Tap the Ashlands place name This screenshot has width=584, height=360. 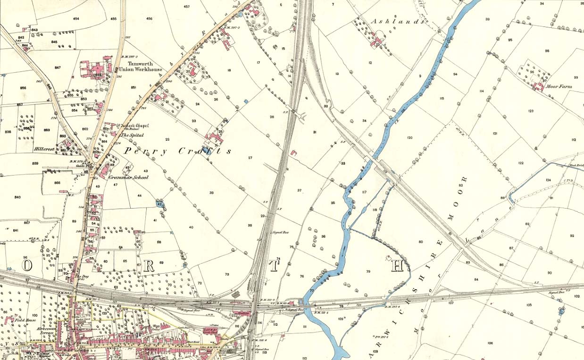pos(395,22)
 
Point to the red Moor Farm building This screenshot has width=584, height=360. pos(538,86)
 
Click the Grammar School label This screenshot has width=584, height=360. pos(128,177)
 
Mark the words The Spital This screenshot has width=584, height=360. pos(132,135)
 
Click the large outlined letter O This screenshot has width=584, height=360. pos(27,266)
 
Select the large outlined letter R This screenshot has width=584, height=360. pos(149,266)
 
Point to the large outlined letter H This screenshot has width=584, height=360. pos(398,266)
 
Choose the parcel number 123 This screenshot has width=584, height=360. pos(531,111)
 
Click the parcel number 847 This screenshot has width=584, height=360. pos(58,68)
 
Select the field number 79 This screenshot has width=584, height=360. pos(368,271)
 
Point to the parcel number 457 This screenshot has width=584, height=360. pos(186,7)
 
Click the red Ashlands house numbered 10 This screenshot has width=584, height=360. pos(378,42)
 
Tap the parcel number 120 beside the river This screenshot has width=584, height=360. pos(409,138)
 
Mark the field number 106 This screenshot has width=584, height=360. pos(490,343)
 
